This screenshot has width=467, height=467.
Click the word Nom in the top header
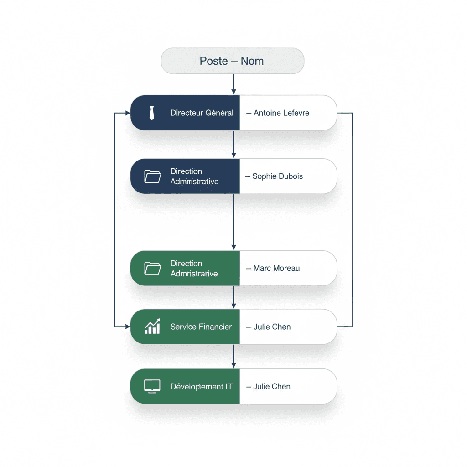pyautogui.click(x=252, y=61)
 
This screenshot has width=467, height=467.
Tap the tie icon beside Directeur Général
pyautogui.click(x=152, y=113)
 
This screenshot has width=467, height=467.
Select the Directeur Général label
pyautogui.click(x=202, y=113)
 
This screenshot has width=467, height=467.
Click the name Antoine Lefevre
pyautogui.click(x=281, y=113)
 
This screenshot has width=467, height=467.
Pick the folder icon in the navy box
pyautogui.click(x=152, y=176)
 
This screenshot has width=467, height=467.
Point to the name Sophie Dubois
pyautogui.click(x=278, y=176)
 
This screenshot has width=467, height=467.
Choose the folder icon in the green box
pyautogui.click(x=152, y=268)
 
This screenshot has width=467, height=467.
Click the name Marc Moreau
pyautogui.click(x=276, y=268)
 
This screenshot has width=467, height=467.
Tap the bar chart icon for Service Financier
pyautogui.click(x=152, y=326)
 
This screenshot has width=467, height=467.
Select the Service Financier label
pyautogui.click(x=201, y=327)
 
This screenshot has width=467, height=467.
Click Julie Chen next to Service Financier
pyautogui.click(x=272, y=327)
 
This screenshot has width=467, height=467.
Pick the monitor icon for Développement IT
pyautogui.click(x=152, y=386)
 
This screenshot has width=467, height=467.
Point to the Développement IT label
pyautogui.click(x=201, y=387)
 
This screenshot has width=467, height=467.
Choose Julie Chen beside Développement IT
pyautogui.click(x=272, y=386)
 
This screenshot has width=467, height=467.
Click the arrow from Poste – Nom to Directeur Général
pyautogui.click(x=234, y=84)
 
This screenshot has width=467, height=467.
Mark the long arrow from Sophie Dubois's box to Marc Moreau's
pyautogui.click(x=234, y=222)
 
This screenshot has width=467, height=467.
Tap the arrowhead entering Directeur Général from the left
pyautogui.click(x=128, y=113)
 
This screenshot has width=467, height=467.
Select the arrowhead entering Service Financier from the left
pyautogui.click(x=128, y=327)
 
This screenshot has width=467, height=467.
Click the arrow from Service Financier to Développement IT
pyautogui.click(x=234, y=356)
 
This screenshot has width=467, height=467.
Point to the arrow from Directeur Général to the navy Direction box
pyautogui.click(x=234, y=145)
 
